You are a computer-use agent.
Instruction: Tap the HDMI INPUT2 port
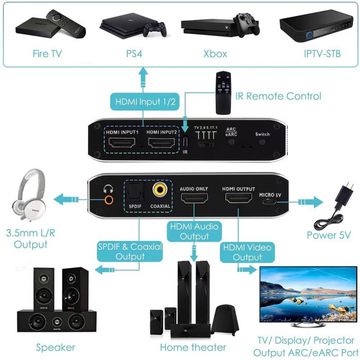(x=162, y=144)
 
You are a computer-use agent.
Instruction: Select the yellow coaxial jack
(x=160, y=190)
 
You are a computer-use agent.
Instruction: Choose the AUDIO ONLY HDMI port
(x=194, y=199)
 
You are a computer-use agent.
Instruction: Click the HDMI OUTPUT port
(x=238, y=199)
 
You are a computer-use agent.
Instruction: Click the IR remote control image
(x=223, y=92)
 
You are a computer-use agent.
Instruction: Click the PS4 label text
(x=134, y=54)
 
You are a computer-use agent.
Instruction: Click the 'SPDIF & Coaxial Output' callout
(x=130, y=252)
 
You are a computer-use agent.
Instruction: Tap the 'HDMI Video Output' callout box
(x=247, y=252)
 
